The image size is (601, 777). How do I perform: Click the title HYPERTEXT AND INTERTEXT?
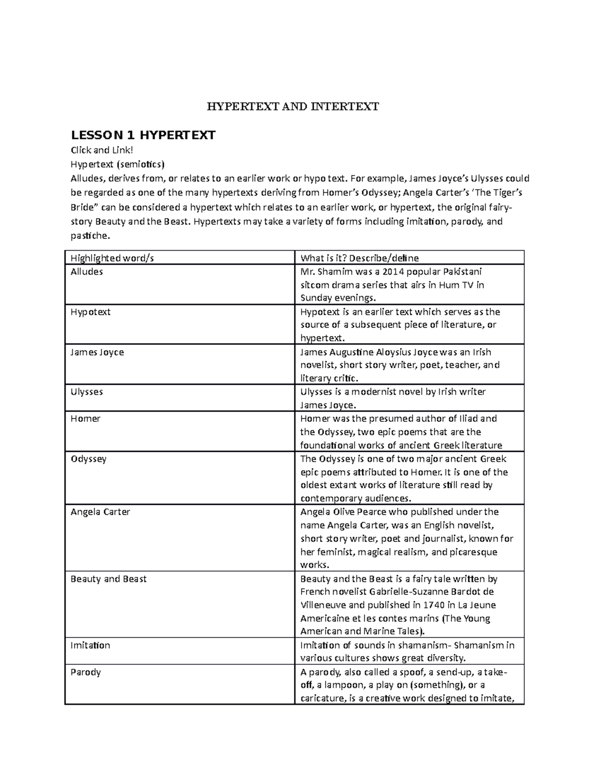pos(293,106)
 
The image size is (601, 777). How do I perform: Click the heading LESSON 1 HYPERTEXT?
pos(143,135)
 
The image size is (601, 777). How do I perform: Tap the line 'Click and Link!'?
pos(102,150)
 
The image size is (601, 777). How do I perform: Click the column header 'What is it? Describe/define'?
pos(359,258)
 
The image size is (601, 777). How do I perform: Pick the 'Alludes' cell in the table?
pos(87,272)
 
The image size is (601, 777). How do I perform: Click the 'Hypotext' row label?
pos(90,312)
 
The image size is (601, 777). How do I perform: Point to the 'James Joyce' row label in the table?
pos(97,352)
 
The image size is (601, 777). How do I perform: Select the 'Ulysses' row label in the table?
pos(86,392)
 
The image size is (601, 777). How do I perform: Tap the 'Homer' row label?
pos(85,419)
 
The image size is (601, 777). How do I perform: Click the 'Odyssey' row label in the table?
pos(88,459)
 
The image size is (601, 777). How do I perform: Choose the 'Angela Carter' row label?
pos(100,512)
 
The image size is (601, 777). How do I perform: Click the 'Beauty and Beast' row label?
pos(108,579)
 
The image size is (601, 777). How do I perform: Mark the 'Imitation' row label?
pos(90,645)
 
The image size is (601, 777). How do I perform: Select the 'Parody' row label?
pos(86,672)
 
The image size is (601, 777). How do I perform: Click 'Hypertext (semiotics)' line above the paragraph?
pos(117,164)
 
